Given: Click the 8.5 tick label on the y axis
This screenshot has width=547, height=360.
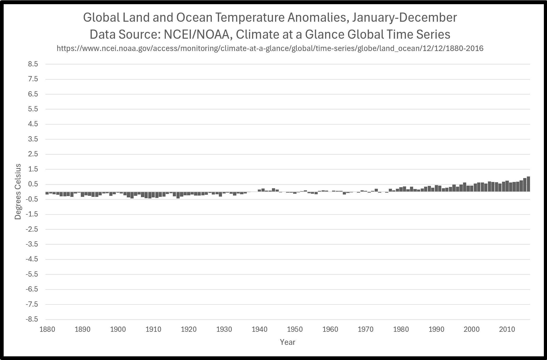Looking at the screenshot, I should tap(33, 64).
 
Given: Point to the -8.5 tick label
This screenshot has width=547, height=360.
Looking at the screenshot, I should tap(32, 319).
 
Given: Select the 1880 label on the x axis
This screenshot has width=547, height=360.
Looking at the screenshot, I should tap(47, 329).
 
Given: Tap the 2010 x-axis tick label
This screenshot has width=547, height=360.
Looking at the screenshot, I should tap(507, 329).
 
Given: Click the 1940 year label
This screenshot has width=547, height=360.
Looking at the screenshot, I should tap(260, 329).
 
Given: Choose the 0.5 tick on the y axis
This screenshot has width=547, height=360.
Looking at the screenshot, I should tap(33, 184).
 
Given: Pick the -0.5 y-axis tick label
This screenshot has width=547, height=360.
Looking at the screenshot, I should tap(32, 199).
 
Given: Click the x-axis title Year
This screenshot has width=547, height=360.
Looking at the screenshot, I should tap(287, 342).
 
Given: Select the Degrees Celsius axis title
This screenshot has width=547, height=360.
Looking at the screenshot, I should tap(18, 192).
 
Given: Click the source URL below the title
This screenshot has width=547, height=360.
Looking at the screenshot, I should tap(270, 48).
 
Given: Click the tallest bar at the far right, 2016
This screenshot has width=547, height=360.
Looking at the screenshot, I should tap(528, 184).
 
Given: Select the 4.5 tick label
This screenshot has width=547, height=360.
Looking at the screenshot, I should tap(33, 124).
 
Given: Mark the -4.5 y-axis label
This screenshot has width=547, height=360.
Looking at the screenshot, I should tap(32, 259).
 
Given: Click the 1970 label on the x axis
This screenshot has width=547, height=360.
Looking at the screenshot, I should tap(366, 329).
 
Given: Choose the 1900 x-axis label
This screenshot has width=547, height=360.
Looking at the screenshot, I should tap(118, 329).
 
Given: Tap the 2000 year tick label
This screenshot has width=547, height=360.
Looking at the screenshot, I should tap(472, 329).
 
